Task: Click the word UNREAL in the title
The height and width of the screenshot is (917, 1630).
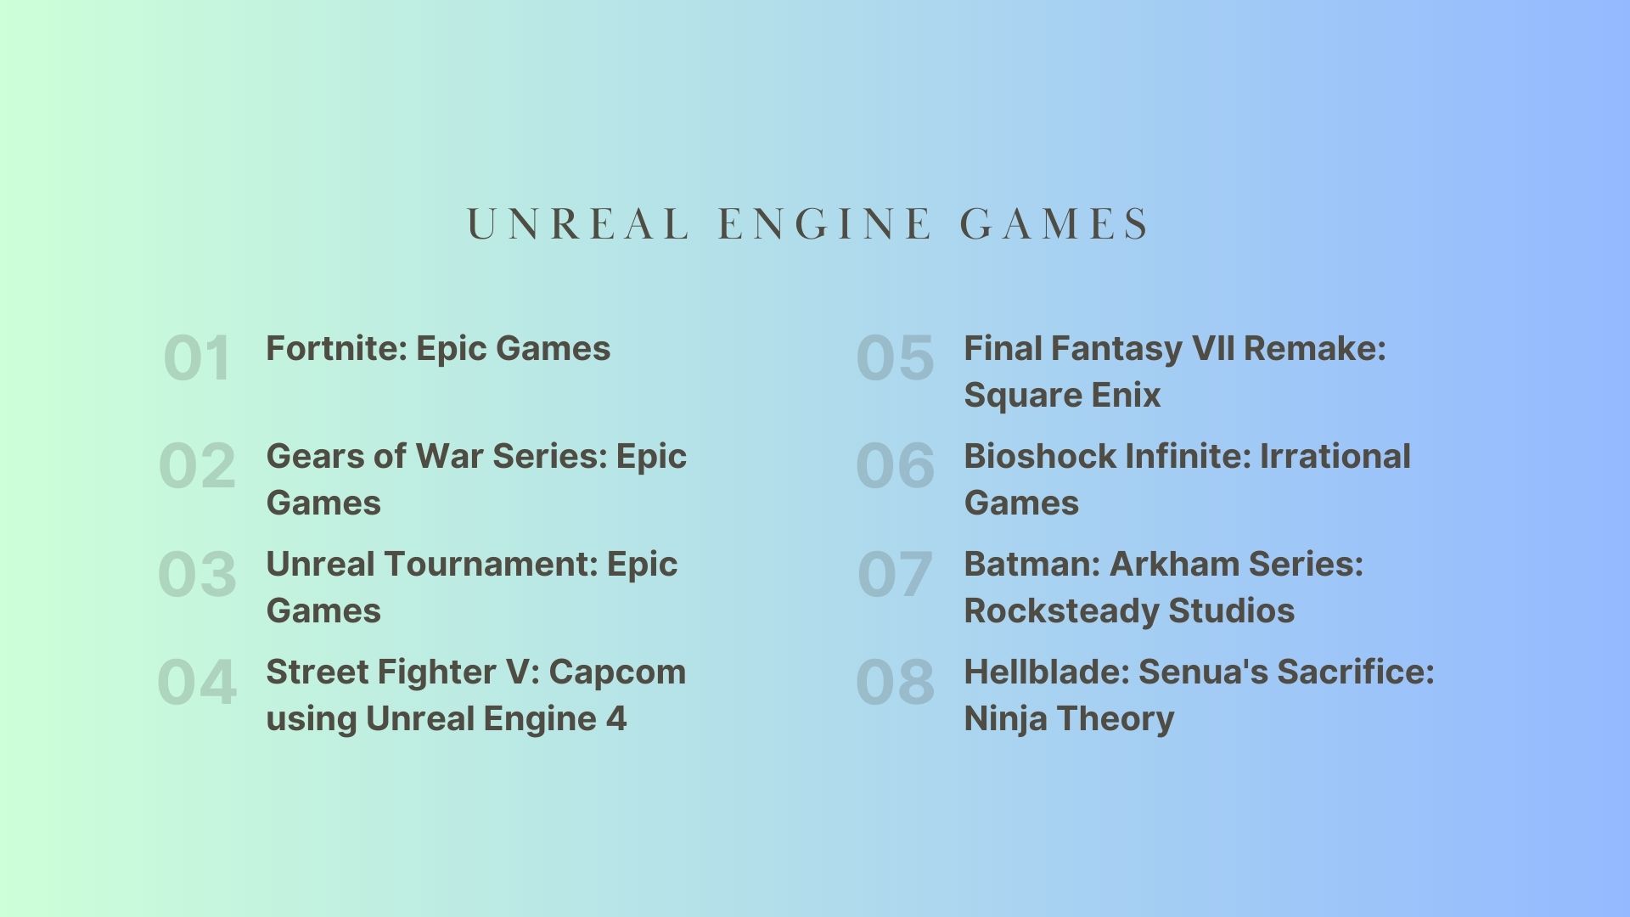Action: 577,225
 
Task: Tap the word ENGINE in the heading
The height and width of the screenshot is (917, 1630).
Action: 824,225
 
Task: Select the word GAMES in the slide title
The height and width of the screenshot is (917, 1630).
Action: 1054,225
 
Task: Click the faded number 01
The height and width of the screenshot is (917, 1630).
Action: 197,357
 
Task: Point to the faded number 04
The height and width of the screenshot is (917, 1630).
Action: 197,681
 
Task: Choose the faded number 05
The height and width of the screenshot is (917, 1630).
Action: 895,357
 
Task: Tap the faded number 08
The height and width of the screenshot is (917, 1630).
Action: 895,681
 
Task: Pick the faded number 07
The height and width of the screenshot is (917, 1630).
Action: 895,573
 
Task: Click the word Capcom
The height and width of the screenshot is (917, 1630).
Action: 617,672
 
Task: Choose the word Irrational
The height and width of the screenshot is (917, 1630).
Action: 1335,456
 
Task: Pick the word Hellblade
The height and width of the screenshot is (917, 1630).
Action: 1046,672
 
